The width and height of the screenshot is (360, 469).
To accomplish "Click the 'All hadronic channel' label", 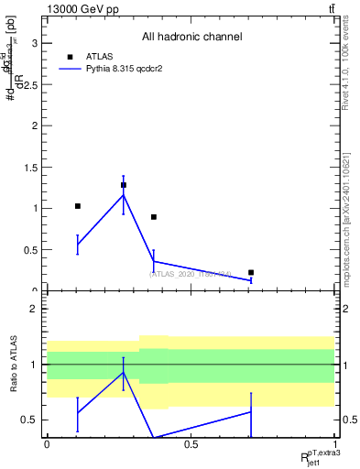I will (191, 38).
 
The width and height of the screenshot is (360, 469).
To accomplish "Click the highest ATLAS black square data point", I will (124, 185).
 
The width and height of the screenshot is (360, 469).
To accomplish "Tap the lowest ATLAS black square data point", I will (251, 272).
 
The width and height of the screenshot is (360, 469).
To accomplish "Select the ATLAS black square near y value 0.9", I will (154, 217).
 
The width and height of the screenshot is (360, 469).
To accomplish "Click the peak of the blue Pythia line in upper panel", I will (124, 194).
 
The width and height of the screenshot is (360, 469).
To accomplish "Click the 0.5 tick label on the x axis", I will (191, 443).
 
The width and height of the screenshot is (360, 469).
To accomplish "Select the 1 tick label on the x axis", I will (334, 443).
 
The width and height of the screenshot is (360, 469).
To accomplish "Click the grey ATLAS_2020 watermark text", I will (191, 274).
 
